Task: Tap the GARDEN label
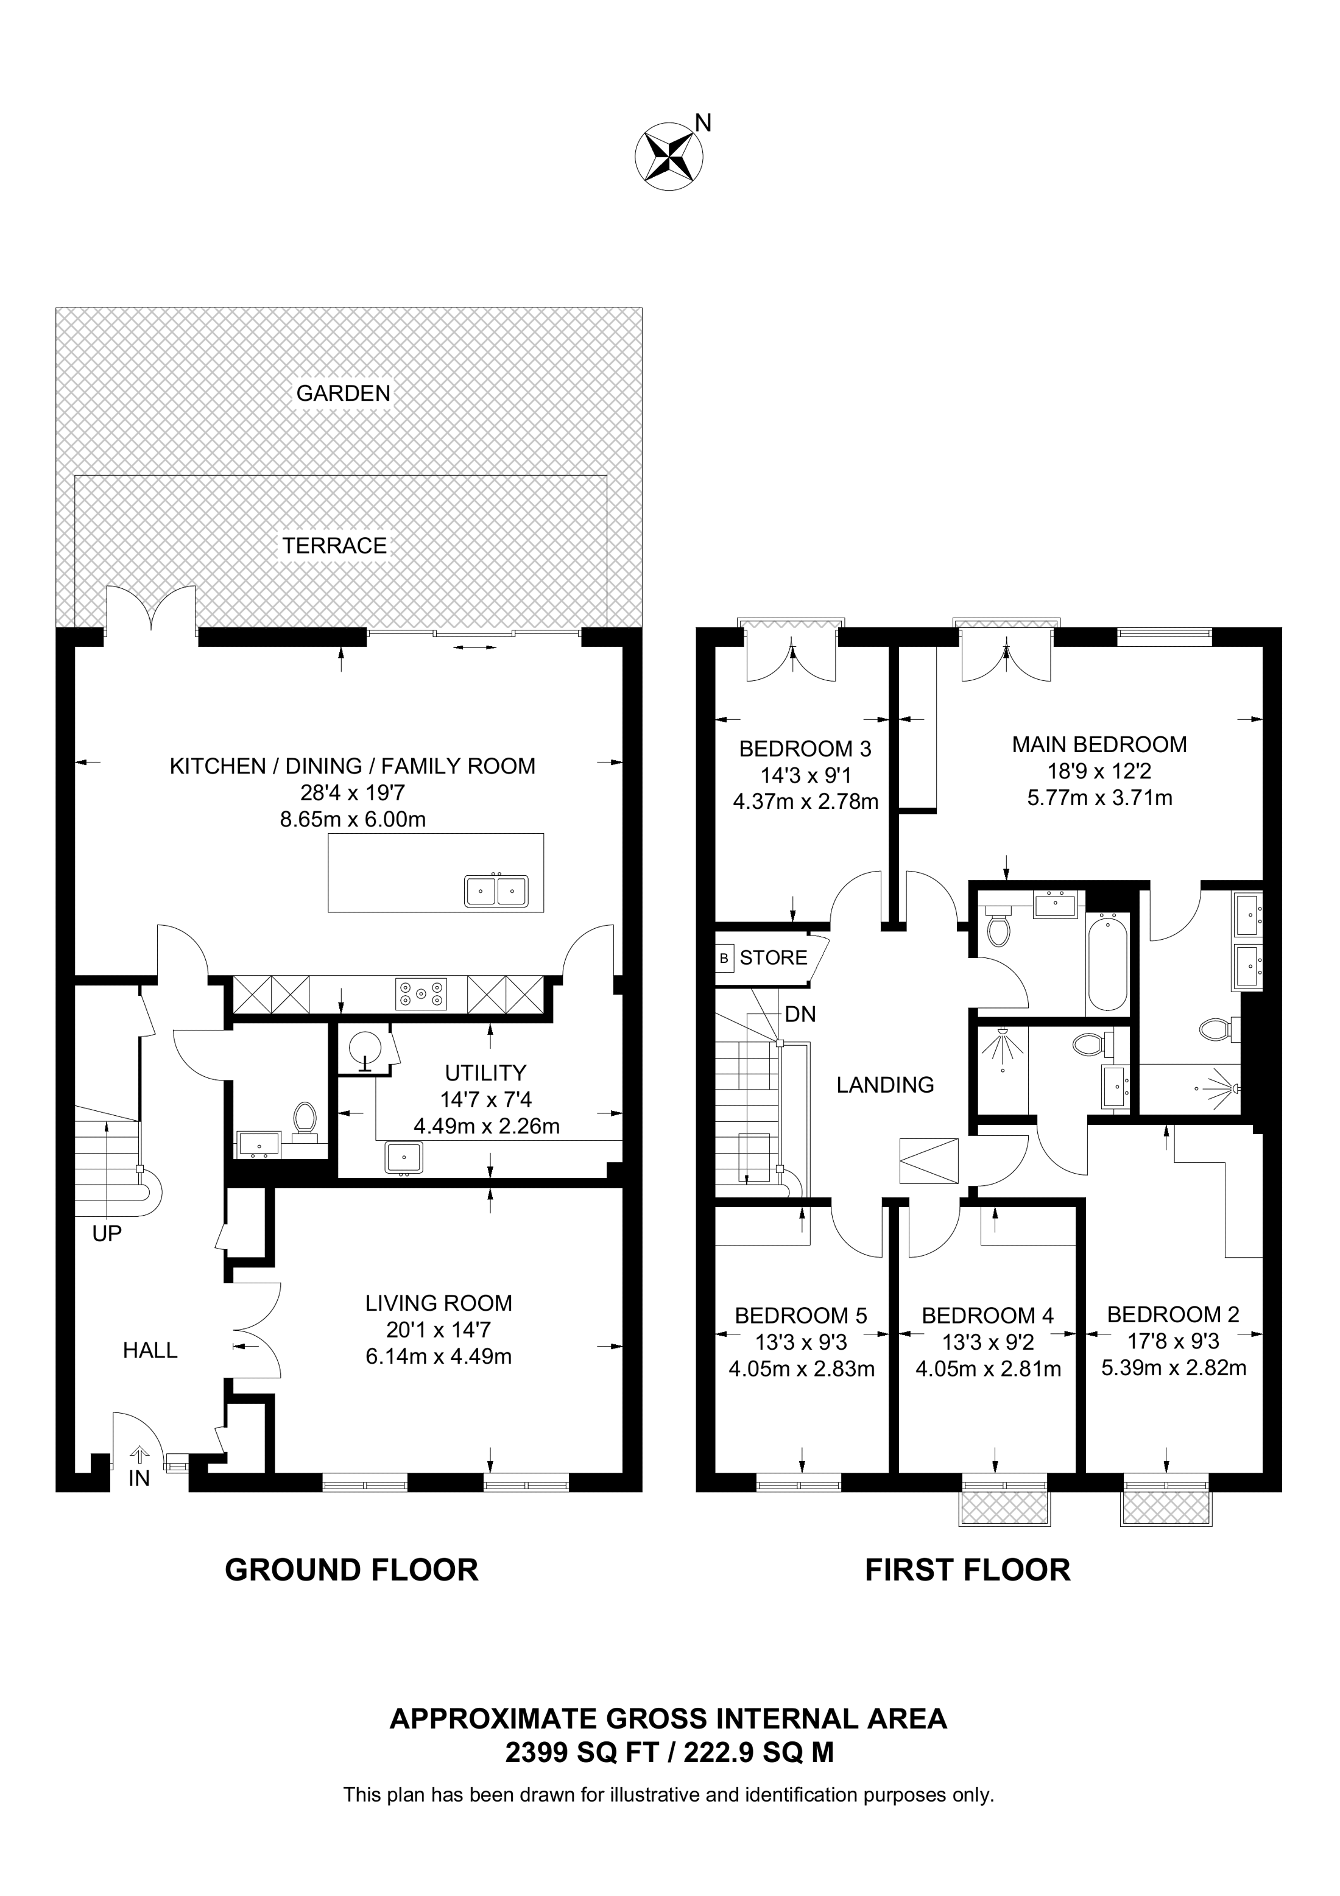[x=344, y=393]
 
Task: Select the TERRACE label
[x=334, y=546]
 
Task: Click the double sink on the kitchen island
[x=496, y=891]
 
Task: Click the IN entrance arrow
[x=139, y=1455]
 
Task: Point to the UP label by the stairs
[x=107, y=1234]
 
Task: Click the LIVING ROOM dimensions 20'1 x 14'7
[x=439, y=1330]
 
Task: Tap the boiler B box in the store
[x=725, y=958]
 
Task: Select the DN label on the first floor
[x=800, y=1014]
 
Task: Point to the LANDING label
[x=885, y=1085]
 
